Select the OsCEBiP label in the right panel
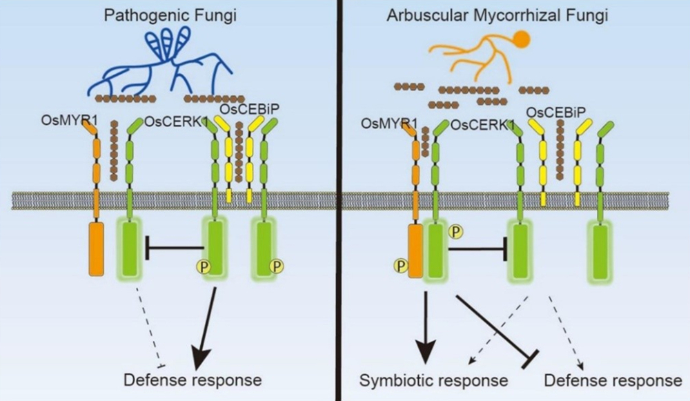click(555, 113)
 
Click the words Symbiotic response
click(435, 380)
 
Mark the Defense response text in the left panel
click(193, 379)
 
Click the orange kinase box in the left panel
click(96, 250)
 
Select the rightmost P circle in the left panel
click(277, 264)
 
